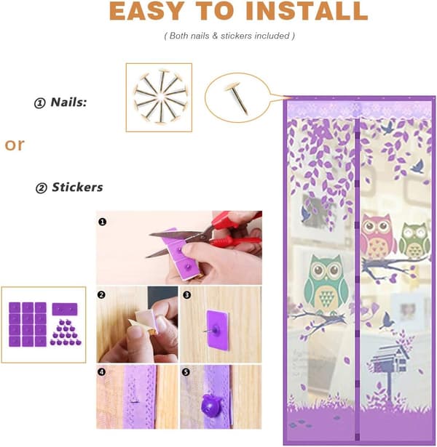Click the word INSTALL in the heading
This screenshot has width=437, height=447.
coord(307,11)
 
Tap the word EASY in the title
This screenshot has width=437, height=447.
coord(147,11)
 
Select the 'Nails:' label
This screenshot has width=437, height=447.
coord(68,102)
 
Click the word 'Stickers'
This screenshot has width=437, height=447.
coord(77,188)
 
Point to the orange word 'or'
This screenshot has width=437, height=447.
coord(15,145)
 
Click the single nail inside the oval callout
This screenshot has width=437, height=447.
coord(237,97)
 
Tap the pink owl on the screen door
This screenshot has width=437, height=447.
coord(377,236)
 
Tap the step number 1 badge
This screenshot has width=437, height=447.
coord(102,222)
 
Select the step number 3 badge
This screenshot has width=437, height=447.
coord(186,295)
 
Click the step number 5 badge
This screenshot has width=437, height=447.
coord(186,372)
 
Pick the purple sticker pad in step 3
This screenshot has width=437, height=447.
coord(217,330)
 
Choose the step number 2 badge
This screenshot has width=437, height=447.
coord(101,295)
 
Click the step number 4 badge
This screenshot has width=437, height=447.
coord(102,372)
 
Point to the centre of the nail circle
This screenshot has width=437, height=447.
coord(160,97)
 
